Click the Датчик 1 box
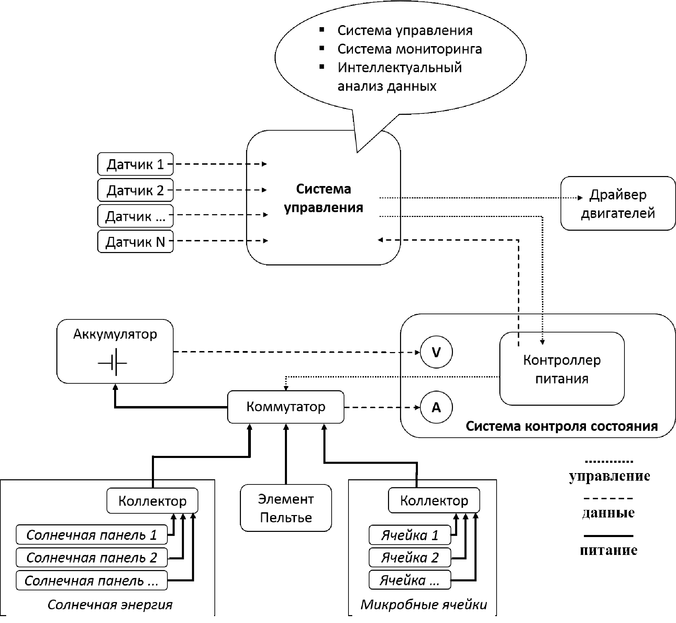pos(135,164)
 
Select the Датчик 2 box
pos(135,190)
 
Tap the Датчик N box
pos(135,242)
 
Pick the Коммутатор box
pos(286,407)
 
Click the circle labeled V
pos(436,352)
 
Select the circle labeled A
pos(436,407)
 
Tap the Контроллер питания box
pos(562,369)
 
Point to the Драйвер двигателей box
pos(618,204)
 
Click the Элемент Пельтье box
pos(286,508)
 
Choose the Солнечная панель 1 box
pos(91,535)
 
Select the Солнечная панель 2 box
pos(91,557)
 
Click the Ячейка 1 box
pos(409,535)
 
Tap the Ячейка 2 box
pos(409,557)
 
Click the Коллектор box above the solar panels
pos(152,501)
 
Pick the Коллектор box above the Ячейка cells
pos(434,501)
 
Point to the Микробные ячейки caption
pos(423,604)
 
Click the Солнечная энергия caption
pos(110,604)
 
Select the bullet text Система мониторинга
pos(409,49)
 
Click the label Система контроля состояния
pos(561,426)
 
